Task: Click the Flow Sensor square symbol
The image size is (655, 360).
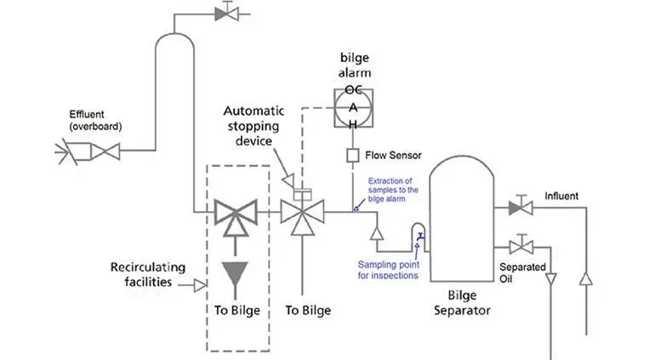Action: [352, 156]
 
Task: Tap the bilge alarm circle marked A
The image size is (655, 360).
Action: [353, 108]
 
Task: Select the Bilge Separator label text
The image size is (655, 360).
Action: [462, 303]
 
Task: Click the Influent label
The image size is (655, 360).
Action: [561, 196]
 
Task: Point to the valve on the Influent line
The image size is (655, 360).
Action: [521, 207]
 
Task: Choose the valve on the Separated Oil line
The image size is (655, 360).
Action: [521, 246]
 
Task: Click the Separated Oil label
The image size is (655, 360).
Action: [522, 272]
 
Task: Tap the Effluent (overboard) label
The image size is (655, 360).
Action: [95, 120]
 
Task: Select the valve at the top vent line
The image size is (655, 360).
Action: [227, 13]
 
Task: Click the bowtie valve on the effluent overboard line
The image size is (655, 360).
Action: [105, 151]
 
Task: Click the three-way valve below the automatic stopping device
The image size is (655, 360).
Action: [303, 216]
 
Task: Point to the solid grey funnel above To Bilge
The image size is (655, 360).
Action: [235, 273]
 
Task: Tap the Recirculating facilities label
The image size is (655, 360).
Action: [148, 274]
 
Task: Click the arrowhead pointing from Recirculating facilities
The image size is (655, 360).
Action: [200, 286]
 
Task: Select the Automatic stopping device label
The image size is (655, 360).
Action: [253, 126]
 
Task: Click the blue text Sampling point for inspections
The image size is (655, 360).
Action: [388, 270]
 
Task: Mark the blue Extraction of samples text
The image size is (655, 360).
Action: [393, 190]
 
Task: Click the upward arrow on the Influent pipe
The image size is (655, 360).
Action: [586, 279]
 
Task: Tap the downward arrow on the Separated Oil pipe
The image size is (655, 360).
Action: [550, 278]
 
